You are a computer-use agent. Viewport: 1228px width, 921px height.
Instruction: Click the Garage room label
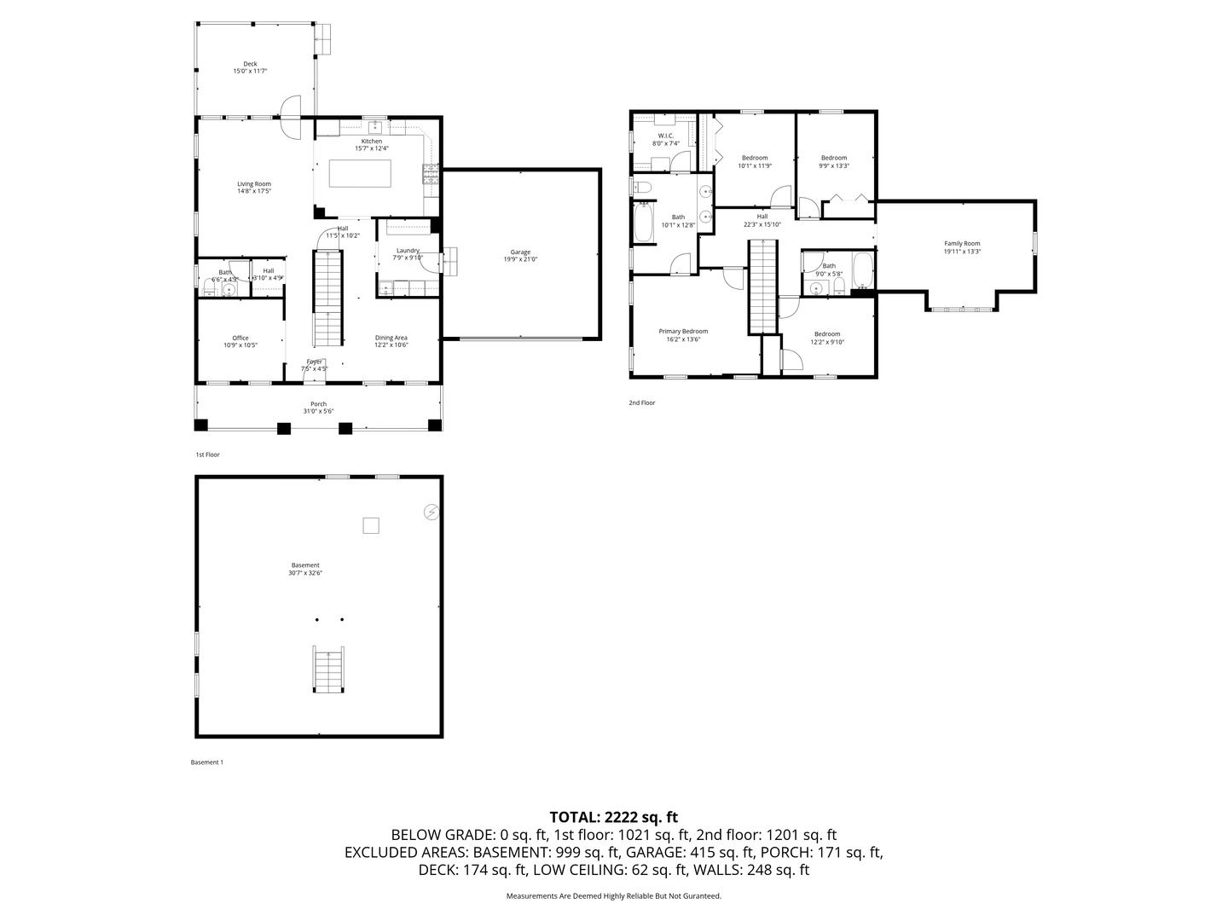coord(520,252)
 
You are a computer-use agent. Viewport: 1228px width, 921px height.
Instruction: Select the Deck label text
coord(250,64)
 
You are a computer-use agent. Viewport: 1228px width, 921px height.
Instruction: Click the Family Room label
coord(962,243)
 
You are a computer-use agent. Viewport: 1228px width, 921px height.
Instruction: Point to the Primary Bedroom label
coord(683,331)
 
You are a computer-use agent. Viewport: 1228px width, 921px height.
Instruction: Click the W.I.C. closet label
coord(666,136)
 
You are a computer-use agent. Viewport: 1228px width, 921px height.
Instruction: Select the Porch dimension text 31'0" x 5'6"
coord(318,411)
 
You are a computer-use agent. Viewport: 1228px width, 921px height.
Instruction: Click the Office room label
coord(240,338)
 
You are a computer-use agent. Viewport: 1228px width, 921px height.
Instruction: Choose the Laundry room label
coord(408,251)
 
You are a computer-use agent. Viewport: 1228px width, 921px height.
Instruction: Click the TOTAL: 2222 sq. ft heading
coord(613,817)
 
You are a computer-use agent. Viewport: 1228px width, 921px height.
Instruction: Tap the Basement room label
coord(305,565)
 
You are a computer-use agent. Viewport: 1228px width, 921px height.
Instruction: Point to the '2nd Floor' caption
coord(642,403)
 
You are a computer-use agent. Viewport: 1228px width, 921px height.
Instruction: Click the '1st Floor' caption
coord(208,455)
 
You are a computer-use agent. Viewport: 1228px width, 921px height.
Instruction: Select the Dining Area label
coord(391,338)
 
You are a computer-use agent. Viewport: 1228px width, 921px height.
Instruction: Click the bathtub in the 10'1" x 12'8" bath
coord(643,222)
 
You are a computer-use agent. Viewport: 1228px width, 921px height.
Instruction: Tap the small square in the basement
coord(370,525)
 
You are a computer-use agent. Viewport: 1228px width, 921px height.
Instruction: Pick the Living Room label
coord(254,183)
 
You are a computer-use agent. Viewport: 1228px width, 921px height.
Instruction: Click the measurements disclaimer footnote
coord(613,896)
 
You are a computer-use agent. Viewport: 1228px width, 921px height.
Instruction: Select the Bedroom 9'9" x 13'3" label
coord(834,158)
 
